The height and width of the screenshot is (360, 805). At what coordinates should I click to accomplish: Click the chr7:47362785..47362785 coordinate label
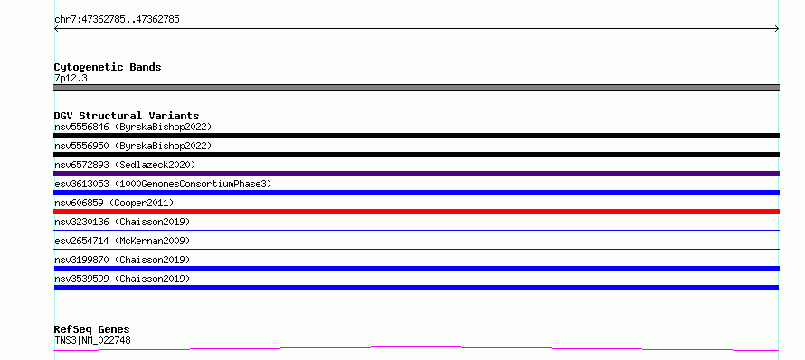click(x=117, y=20)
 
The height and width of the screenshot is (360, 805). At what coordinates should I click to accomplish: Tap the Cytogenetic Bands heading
click(x=108, y=67)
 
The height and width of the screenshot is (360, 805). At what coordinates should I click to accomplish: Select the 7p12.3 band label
click(x=71, y=79)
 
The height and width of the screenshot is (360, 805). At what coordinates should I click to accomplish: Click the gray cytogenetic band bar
click(x=416, y=88)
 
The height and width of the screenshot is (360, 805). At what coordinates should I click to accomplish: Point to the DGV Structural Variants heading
click(x=127, y=116)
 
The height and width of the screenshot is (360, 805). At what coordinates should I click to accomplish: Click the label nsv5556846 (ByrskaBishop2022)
click(x=133, y=127)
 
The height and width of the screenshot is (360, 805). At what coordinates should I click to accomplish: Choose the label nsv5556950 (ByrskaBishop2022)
click(x=133, y=146)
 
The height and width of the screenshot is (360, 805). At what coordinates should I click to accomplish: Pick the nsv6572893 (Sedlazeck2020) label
click(x=125, y=165)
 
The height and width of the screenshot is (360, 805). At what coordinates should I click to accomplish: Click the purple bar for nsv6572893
click(x=416, y=174)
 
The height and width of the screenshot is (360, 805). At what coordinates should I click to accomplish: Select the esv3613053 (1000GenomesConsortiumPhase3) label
click(x=163, y=184)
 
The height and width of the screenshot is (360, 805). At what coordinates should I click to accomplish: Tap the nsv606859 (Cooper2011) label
click(x=114, y=203)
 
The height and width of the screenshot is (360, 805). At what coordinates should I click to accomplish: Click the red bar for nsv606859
click(x=416, y=212)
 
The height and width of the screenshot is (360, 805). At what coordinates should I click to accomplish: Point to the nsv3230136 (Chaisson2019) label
click(x=122, y=222)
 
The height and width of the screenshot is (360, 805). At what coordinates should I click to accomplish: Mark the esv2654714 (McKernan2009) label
click(x=122, y=241)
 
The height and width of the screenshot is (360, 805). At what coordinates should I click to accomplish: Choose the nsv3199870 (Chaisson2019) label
click(x=122, y=260)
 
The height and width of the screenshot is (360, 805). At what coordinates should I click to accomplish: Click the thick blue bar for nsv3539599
click(x=416, y=288)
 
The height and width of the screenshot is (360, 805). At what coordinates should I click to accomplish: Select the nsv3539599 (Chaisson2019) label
click(x=122, y=279)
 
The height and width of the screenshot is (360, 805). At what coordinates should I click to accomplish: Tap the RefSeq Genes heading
click(x=92, y=329)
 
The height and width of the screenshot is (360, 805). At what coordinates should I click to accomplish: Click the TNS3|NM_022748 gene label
click(x=92, y=340)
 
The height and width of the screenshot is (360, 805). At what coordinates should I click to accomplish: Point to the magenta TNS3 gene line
click(x=416, y=347)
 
